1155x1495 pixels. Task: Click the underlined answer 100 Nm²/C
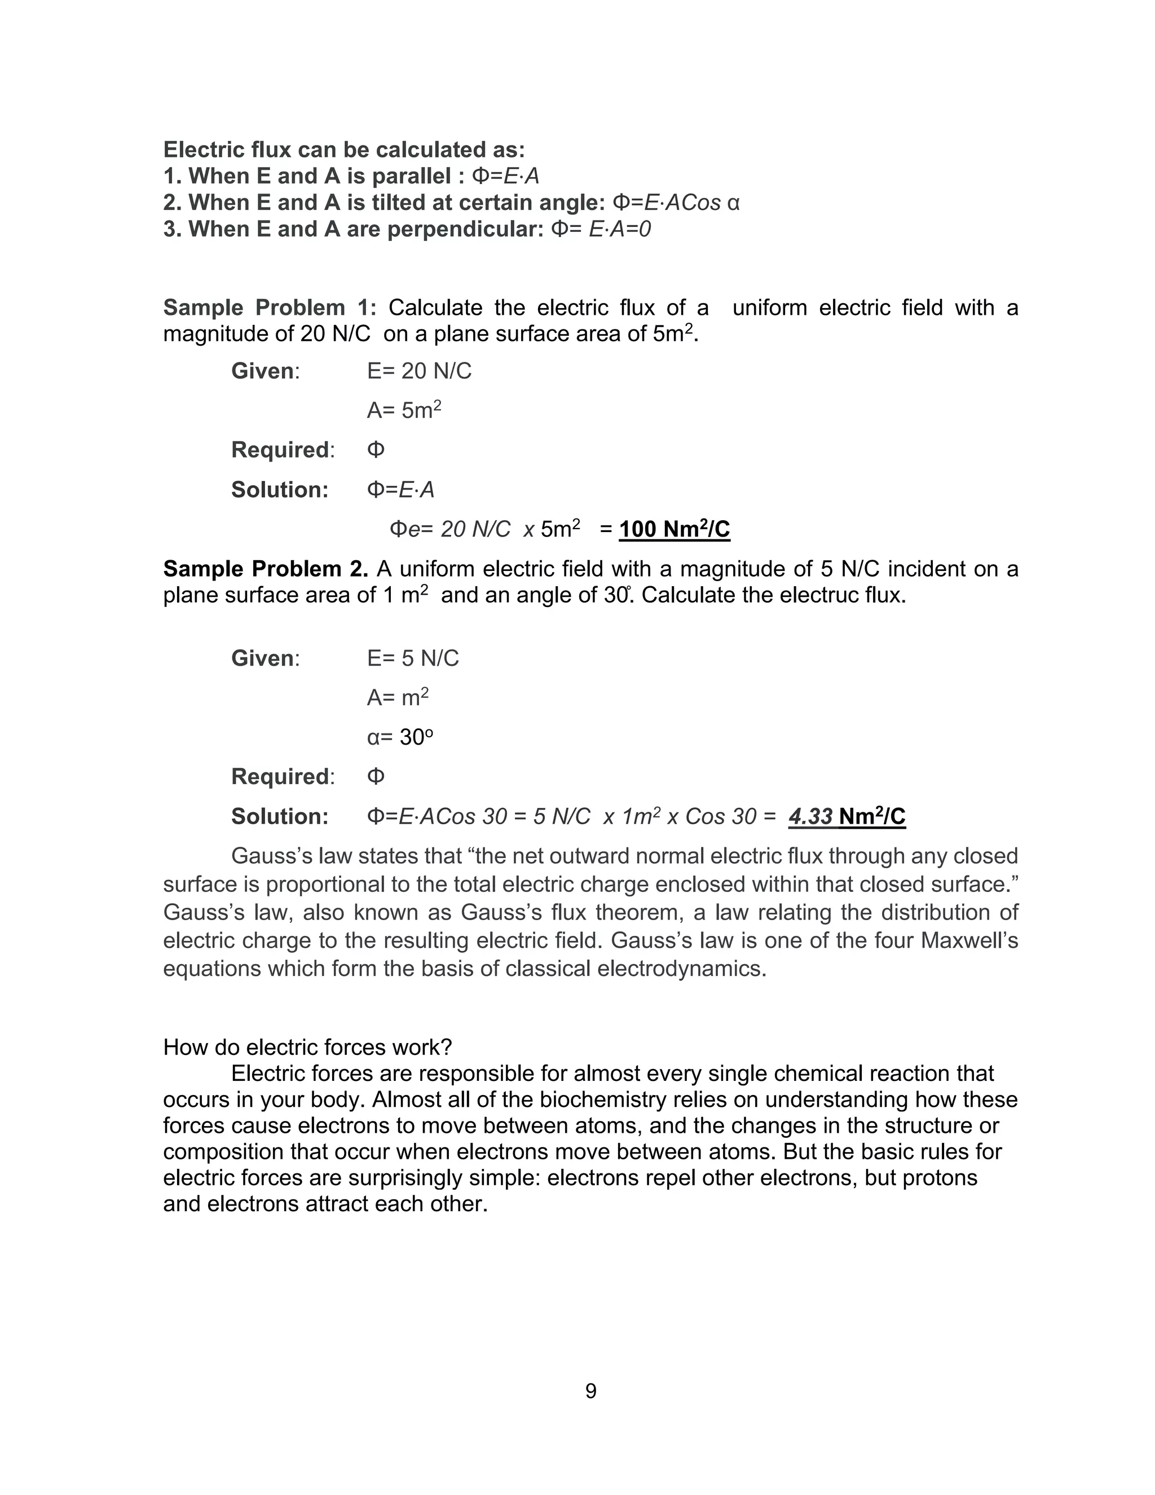tap(674, 529)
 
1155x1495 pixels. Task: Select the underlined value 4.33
tap(810, 817)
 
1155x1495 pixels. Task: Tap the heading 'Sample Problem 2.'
tap(266, 569)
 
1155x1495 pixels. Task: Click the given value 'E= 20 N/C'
tap(419, 371)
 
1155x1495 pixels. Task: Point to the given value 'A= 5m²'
tap(404, 410)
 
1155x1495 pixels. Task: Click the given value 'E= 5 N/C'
tap(413, 658)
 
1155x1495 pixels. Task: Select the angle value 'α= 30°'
tap(400, 737)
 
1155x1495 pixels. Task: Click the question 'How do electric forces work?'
tap(307, 1047)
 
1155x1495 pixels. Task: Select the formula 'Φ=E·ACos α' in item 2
tap(675, 203)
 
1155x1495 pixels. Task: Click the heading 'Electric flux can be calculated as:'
tap(343, 150)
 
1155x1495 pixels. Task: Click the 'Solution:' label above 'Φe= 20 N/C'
tap(279, 490)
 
